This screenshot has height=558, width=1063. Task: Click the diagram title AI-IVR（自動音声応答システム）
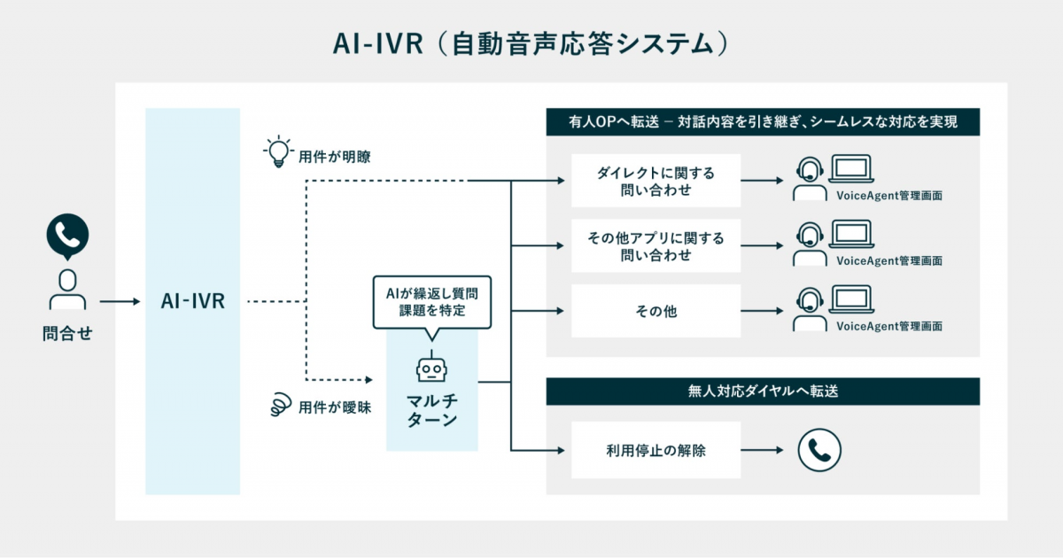click(x=531, y=43)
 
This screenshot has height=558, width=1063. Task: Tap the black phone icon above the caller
click(x=67, y=235)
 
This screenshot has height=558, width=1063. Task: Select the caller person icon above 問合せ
click(x=67, y=289)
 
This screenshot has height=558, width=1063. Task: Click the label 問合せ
click(x=67, y=334)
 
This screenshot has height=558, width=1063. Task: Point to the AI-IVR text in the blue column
click(x=192, y=301)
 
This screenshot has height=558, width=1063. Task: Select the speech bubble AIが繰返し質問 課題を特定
click(x=431, y=302)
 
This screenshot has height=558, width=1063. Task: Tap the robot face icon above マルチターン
click(x=431, y=368)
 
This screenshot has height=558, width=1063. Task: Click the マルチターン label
click(x=431, y=410)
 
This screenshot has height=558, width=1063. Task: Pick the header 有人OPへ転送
click(x=763, y=121)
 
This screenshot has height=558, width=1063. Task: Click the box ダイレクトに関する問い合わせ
click(x=656, y=181)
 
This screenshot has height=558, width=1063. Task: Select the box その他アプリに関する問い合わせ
click(x=656, y=245)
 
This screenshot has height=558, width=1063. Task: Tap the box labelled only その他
click(x=656, y=311)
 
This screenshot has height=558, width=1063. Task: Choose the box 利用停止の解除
click(x=656, y=451)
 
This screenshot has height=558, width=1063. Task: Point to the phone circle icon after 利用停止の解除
click(x=819, y=451)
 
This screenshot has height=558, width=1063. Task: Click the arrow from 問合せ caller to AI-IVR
click(x=120, y=302)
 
